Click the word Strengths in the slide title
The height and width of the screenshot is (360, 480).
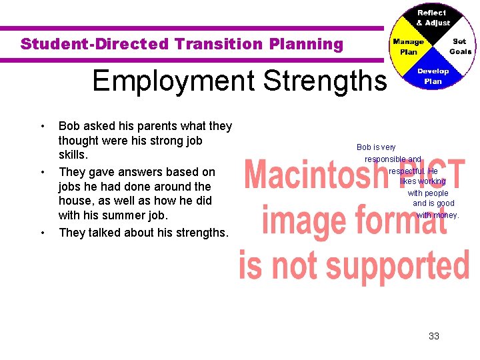point(325,81)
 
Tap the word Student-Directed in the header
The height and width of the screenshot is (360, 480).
point(95,45)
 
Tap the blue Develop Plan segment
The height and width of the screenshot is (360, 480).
point(433,76)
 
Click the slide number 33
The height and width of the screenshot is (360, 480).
point(434,336)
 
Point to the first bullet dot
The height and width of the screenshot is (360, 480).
point(42,126)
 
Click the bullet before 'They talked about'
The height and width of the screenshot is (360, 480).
point(42,233)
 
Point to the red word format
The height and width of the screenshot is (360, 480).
point(402,220)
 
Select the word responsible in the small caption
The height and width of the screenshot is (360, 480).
point(385,159)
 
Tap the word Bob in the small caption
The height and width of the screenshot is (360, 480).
point(364,147)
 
